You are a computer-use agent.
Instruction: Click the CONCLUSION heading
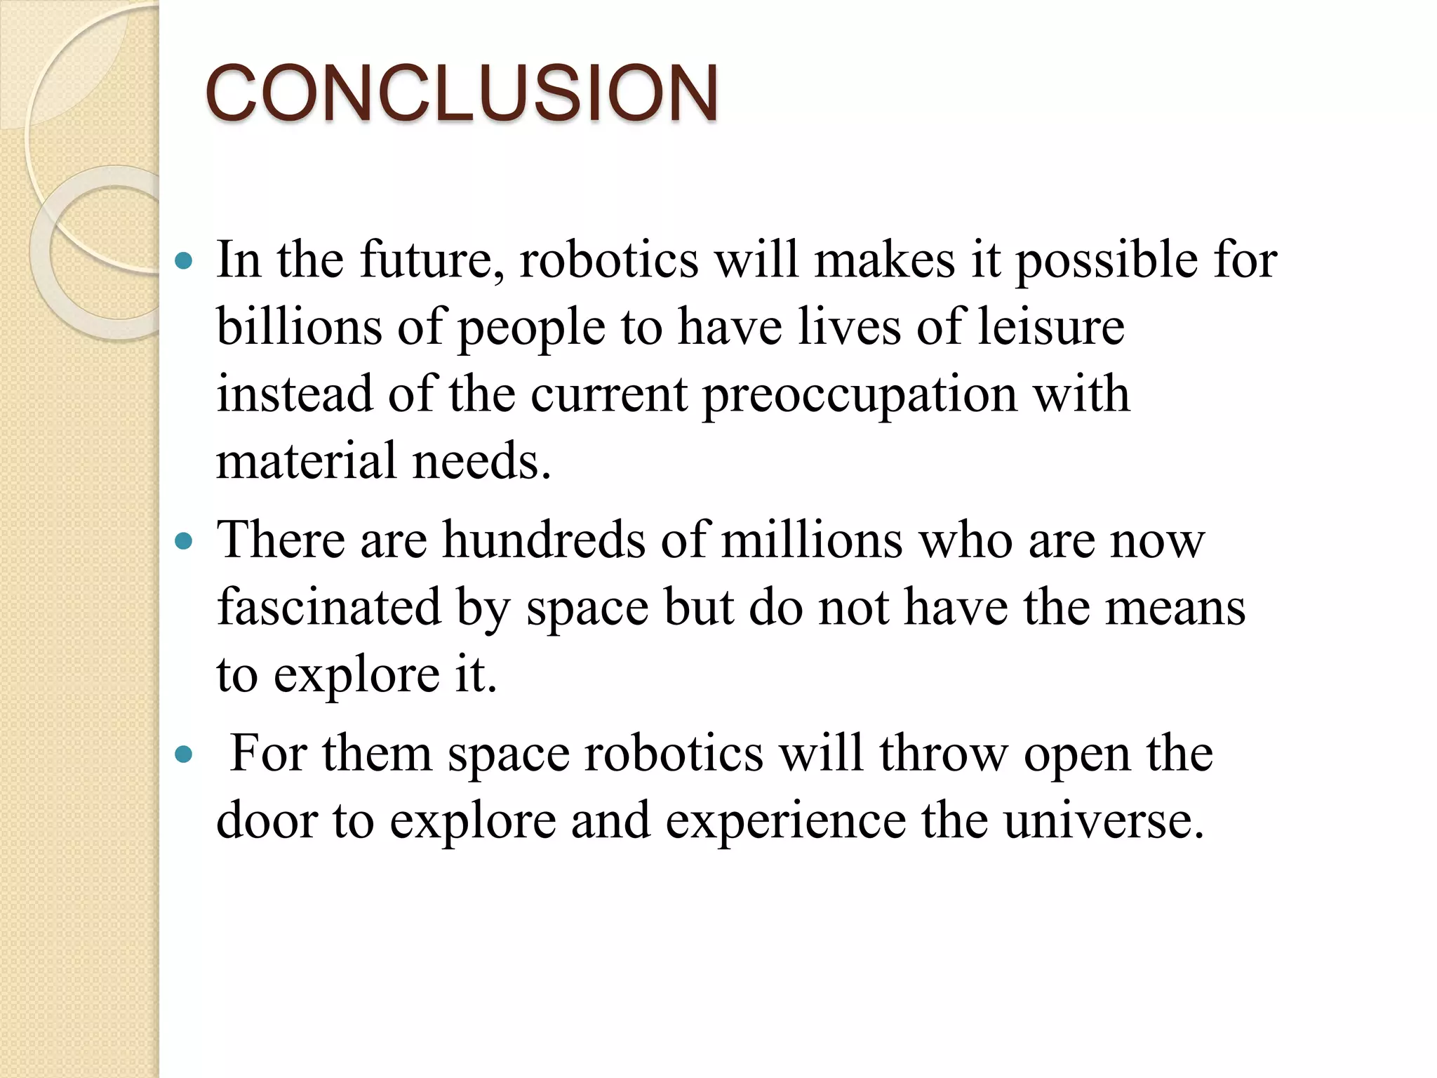pyautogui.click(x=462, y=93)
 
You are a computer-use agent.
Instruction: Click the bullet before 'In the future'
pyautogui.click(x=183, y=262)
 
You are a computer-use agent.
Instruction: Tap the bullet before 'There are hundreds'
pyautogui.click(x=183, y=542)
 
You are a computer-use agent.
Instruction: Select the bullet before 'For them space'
pyautogui.click(x=183, y=755)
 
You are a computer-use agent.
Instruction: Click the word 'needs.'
pyautogui.click(x=481, y=461)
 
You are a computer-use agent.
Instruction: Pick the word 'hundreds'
pyautogui.click(x=544, y=540)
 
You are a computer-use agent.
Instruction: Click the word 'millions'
pyautogui.click(x=812, y=540)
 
